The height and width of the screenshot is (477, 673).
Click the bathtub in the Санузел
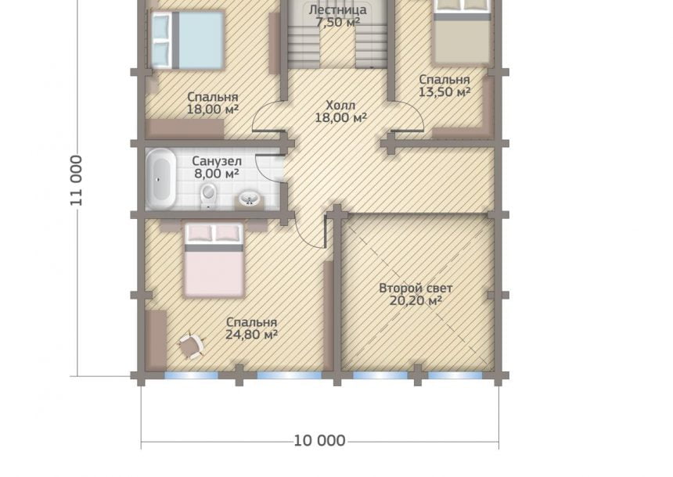pyautogui.click(x=161, y=178)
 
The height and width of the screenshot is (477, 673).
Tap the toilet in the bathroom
pyautogui.click(x=207, y=197)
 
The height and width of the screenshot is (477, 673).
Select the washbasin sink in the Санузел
pyautogui.click(x=249, y=199)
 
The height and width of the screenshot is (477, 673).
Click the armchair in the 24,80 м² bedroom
pyautogui.click(x=190, y=346)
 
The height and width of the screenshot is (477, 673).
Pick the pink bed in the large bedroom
pyautogui.click(x=214, y=260)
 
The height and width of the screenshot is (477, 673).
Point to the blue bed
pyautogui.click(x=187, y=40)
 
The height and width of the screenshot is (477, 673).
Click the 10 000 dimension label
pyautogui.click(x=319, y=440)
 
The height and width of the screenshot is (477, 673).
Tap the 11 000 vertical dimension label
pyautogui.click(x=77, y=181)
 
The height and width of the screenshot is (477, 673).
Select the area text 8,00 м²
pyautogui.click(x=217, y=174)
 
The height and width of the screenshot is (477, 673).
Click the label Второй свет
pyautogui.click(x=416, y=289)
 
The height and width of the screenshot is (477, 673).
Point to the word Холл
pyautogui.click(x=340, y=105)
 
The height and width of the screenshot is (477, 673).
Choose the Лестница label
pyautogui.click(x=338, y=9)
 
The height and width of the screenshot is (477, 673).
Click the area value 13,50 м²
pyautogui.click(x=444, y=91)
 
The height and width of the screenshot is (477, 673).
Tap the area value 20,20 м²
pyautogui.click(x=416, y=301)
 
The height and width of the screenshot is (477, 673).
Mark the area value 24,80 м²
pyautogui.click(x=251, y=335)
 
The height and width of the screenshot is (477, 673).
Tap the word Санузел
pyautogui.click(x=217, y=161)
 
